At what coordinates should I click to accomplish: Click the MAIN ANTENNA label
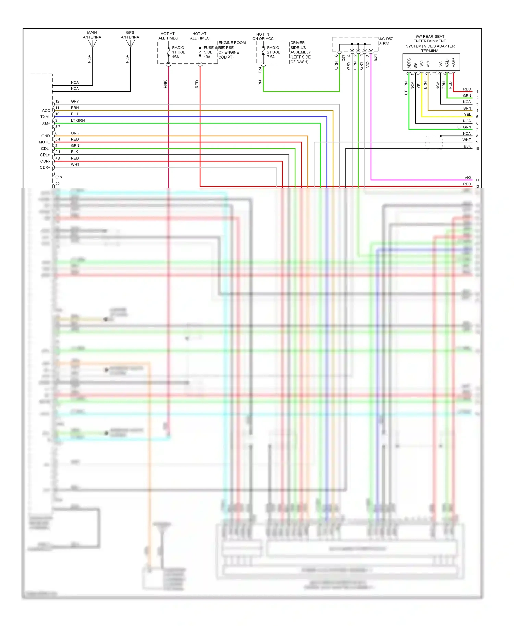click(92, 35)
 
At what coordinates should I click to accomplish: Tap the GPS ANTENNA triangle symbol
click(130, 43)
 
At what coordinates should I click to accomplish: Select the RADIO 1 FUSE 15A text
click(178, 52)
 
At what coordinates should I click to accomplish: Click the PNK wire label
click(165, 84)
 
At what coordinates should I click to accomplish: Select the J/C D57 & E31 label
click(386, 41)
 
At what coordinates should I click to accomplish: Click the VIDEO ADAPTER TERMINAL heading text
click(430, 43)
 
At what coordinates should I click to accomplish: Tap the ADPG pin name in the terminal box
click(409, 63)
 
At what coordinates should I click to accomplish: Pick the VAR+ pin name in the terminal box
click(453, 62)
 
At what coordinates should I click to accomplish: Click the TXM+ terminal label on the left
click(45, 123)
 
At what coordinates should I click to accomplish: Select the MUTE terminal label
click(44, 142)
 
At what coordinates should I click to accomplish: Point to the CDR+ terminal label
click(45, 167)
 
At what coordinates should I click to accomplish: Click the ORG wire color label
click(75, 133)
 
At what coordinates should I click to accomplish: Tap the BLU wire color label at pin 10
click(74, 114)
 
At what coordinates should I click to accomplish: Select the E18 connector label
click(59, 177)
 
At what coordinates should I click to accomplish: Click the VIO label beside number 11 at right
click(468, 178)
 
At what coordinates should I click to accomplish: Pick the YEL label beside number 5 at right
click(467, 114)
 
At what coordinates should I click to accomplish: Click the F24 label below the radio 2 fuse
click(260, 70)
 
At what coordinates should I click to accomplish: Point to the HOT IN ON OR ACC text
click(263, 36)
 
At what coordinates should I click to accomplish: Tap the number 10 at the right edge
click(477, 149)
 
